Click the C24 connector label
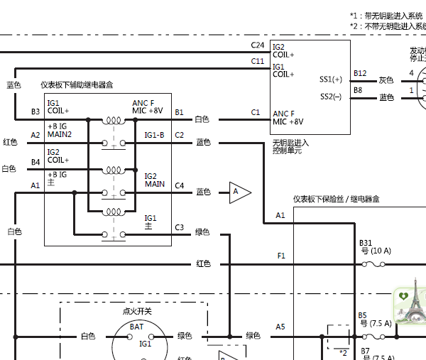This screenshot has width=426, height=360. [257, 45]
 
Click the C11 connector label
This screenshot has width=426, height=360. [257, 61]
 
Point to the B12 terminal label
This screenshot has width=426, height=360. [360, 73]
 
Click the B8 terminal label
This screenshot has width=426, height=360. [358, 90]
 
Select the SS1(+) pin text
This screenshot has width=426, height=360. [331, 79]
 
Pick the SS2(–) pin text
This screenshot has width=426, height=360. [331, 96]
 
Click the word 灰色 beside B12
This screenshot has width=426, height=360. [386, 80]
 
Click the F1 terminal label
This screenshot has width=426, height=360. [281, 255]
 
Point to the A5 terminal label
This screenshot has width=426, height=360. [280, 327]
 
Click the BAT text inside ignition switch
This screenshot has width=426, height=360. [136, 327]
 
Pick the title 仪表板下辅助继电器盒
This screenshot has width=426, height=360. [77, 84]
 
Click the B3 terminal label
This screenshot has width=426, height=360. [35, 112]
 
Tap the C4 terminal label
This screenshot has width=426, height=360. [179, 186]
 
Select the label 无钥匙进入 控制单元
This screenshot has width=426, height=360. [291, 146]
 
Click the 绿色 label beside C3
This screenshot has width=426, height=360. [202, 231]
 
